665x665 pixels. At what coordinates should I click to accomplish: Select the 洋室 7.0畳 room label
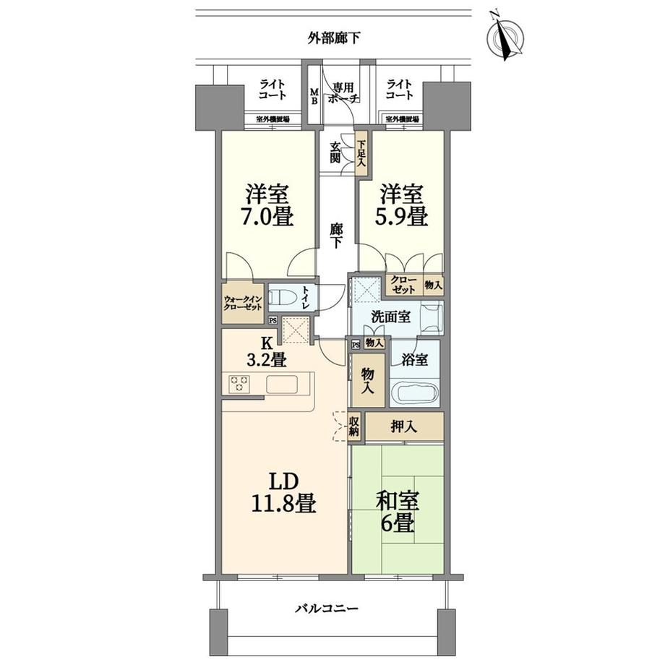tap(269, 205)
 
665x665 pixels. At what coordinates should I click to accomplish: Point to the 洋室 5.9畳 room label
tap(400, 205)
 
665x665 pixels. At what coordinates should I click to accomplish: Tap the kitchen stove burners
tap(239, 385)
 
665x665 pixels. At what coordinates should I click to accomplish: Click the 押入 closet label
tap(405, 427)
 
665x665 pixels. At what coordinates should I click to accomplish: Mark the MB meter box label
tap(314, 96)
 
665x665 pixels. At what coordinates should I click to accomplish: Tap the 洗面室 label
tap(391, 316)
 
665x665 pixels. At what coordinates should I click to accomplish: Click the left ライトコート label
tap(273, 90)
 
